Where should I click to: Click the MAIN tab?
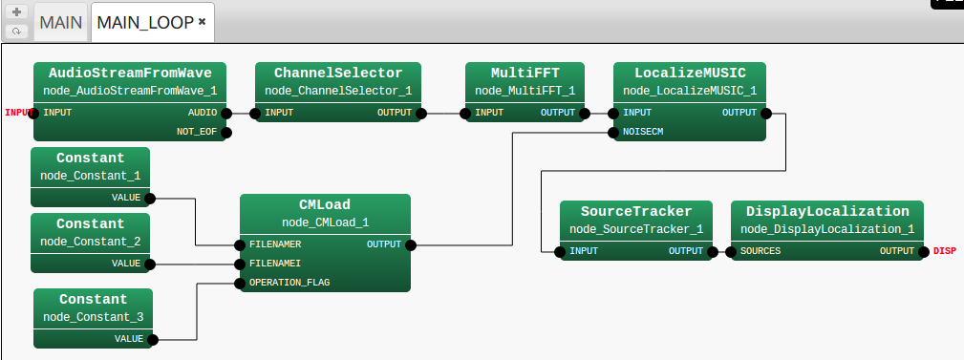[61, 21]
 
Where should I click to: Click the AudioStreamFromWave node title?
[129, 73]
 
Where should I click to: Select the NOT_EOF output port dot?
[226, 132]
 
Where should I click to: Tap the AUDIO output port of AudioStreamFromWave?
[226, 113]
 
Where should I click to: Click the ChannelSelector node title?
[337, 73]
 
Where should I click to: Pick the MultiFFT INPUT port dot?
[465, 113]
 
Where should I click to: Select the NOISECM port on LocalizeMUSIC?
[613, 132]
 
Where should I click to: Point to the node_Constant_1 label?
[90, 176]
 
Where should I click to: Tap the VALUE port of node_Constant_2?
[149, 264]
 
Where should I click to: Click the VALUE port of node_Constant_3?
[153, 339]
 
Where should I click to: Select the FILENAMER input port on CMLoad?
[240, 244]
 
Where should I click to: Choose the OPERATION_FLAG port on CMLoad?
[240, 283]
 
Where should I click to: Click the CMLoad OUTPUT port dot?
[411, 244]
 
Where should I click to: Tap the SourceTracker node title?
[635, 211]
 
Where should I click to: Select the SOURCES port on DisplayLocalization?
[731, 251]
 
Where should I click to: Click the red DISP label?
[944, 251]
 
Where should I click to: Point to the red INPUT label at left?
[18, 113]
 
